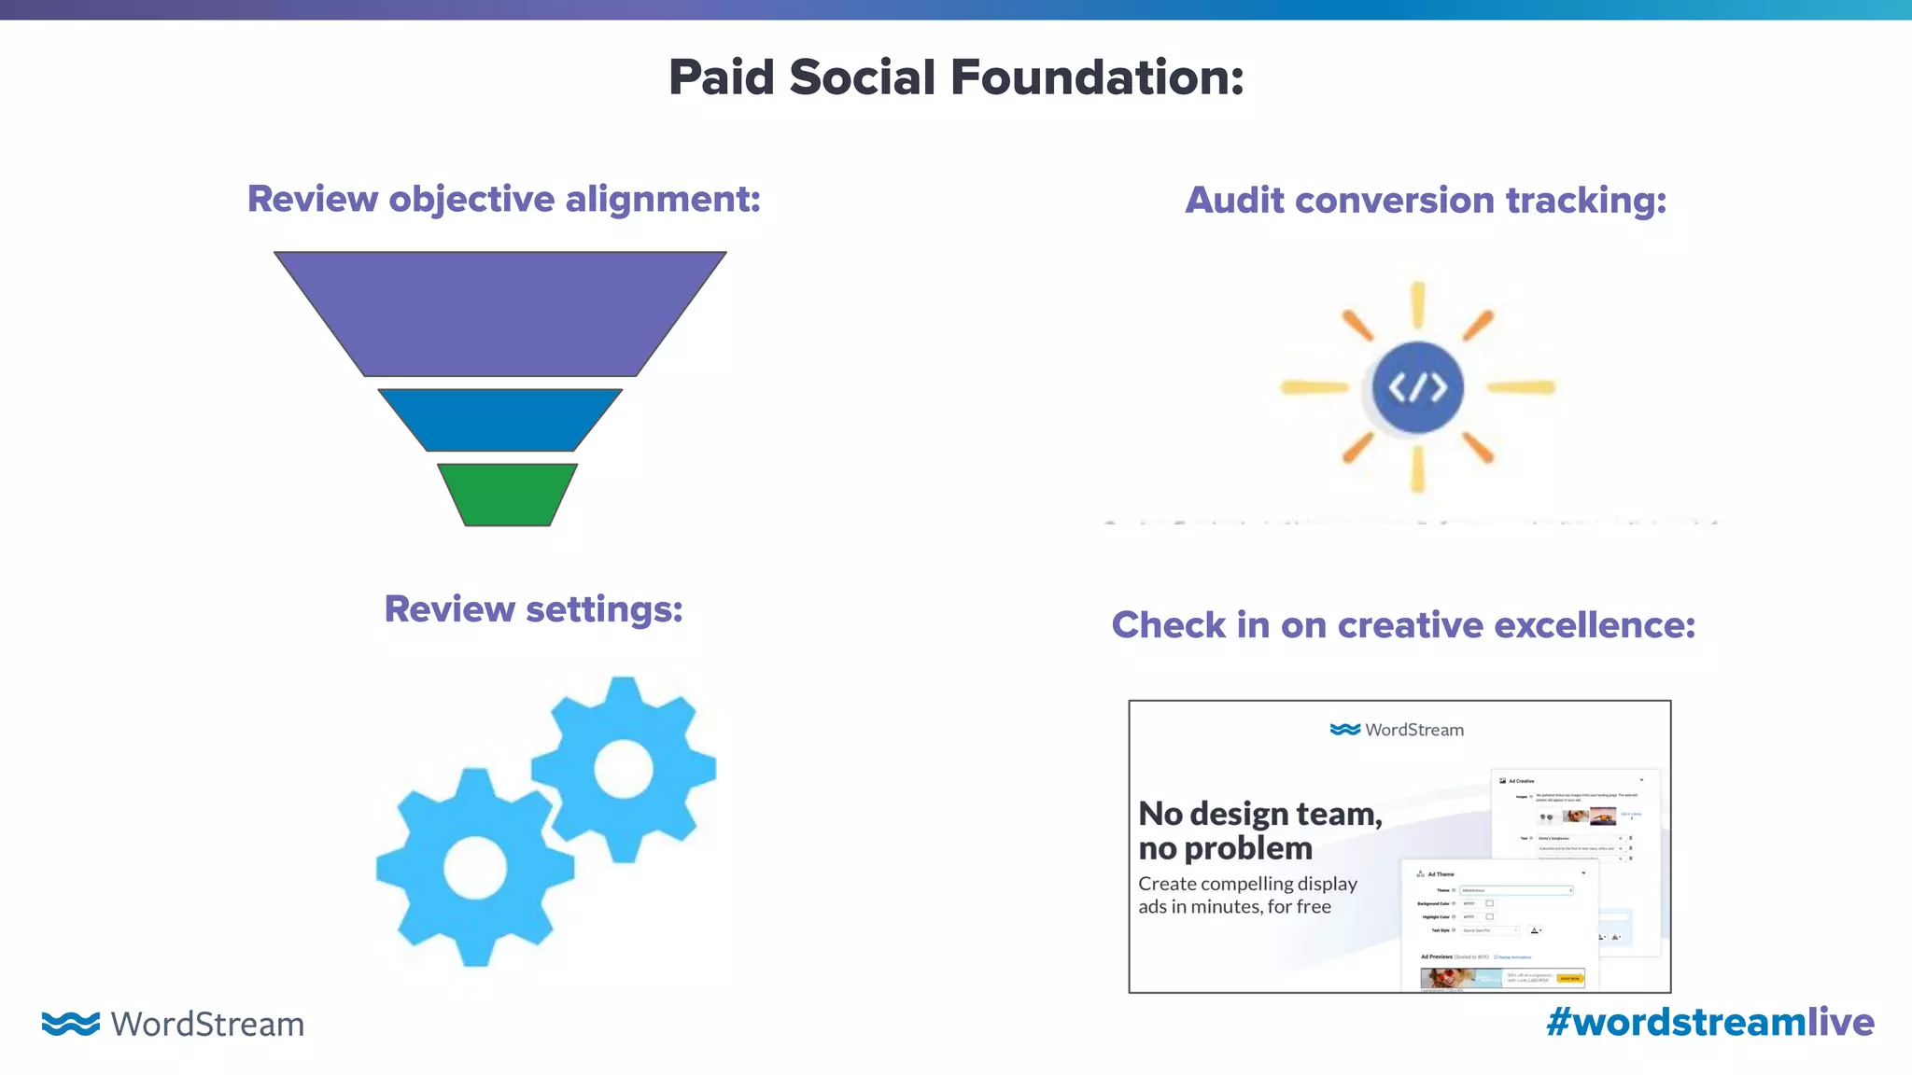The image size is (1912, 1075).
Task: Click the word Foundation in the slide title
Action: pyautogui.click(x=1097, y=77)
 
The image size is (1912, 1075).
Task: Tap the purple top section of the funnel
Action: pyautogui.click(x=500, y=313)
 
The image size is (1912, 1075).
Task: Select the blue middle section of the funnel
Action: pyautogui.click(x=500, y=420)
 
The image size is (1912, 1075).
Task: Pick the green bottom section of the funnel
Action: pyautogui.click(x=507, y=495)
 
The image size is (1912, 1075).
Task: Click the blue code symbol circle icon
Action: pyautogui.click(x=1417, y=387)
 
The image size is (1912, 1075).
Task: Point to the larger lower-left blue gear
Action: pyautogui.click(x=474, y=866)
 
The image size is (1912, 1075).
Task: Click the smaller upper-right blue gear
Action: pyautogui.click(x=624, y=769)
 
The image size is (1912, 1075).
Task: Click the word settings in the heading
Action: pyautogui.click(x=604, y=609)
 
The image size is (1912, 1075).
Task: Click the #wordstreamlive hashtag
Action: pyautogui.click(x=1709, y=1022)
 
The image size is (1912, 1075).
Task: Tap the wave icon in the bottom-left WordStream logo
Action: pyautogui.click(x=70, y=1024)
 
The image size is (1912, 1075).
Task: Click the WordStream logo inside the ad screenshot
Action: pyautogui.click(x=1397, y=730)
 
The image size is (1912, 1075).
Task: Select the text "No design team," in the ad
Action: pyautogui.click(x=1259, y=814)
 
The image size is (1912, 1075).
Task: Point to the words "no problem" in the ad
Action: pyautogui.click(x=1225, y=848)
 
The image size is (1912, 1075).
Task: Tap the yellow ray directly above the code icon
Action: pyautogui.click(x=1417, y=305)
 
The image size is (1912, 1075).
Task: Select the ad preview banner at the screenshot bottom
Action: pyautogui.click(x=1502, y=978)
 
